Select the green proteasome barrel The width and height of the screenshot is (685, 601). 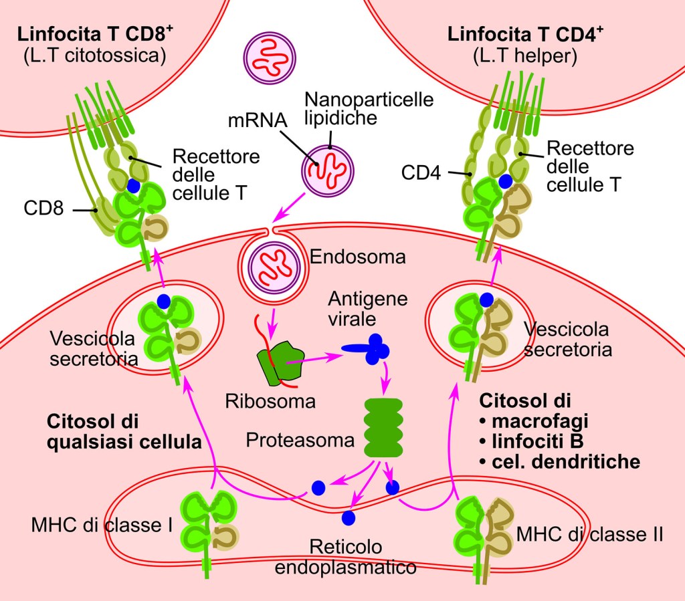click(383, 427)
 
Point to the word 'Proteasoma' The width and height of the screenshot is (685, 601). click(299, 440)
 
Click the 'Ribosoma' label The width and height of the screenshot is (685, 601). click(262, 402)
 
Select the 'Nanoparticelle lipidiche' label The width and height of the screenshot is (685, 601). click(369, 108)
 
